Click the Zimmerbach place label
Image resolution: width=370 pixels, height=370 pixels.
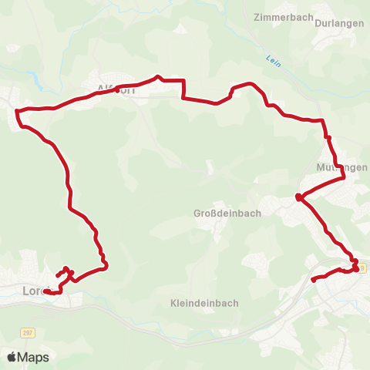click(x=283, y=15)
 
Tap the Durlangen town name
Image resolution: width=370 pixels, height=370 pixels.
click(x=338, y=22)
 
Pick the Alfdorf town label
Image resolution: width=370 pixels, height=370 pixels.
click(x=116, y=89)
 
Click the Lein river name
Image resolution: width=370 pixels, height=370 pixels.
click(x=271, y=59)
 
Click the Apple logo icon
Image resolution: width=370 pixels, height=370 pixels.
click(x=12, y=357)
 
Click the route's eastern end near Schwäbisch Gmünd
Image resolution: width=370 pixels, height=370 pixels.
click(x=313, y=280)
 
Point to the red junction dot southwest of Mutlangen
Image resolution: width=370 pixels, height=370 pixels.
click(x=298, y=198)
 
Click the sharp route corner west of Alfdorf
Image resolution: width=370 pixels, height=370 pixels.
click(x=17, y=110)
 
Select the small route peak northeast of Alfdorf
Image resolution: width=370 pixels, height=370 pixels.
click(x=159, y=76)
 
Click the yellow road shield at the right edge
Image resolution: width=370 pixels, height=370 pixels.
click(x=362, y=267)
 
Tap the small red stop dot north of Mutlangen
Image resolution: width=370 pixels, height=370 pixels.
click(x=328, y=138)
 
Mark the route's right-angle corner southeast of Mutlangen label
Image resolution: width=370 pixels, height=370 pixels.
click(x=344, y=178)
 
